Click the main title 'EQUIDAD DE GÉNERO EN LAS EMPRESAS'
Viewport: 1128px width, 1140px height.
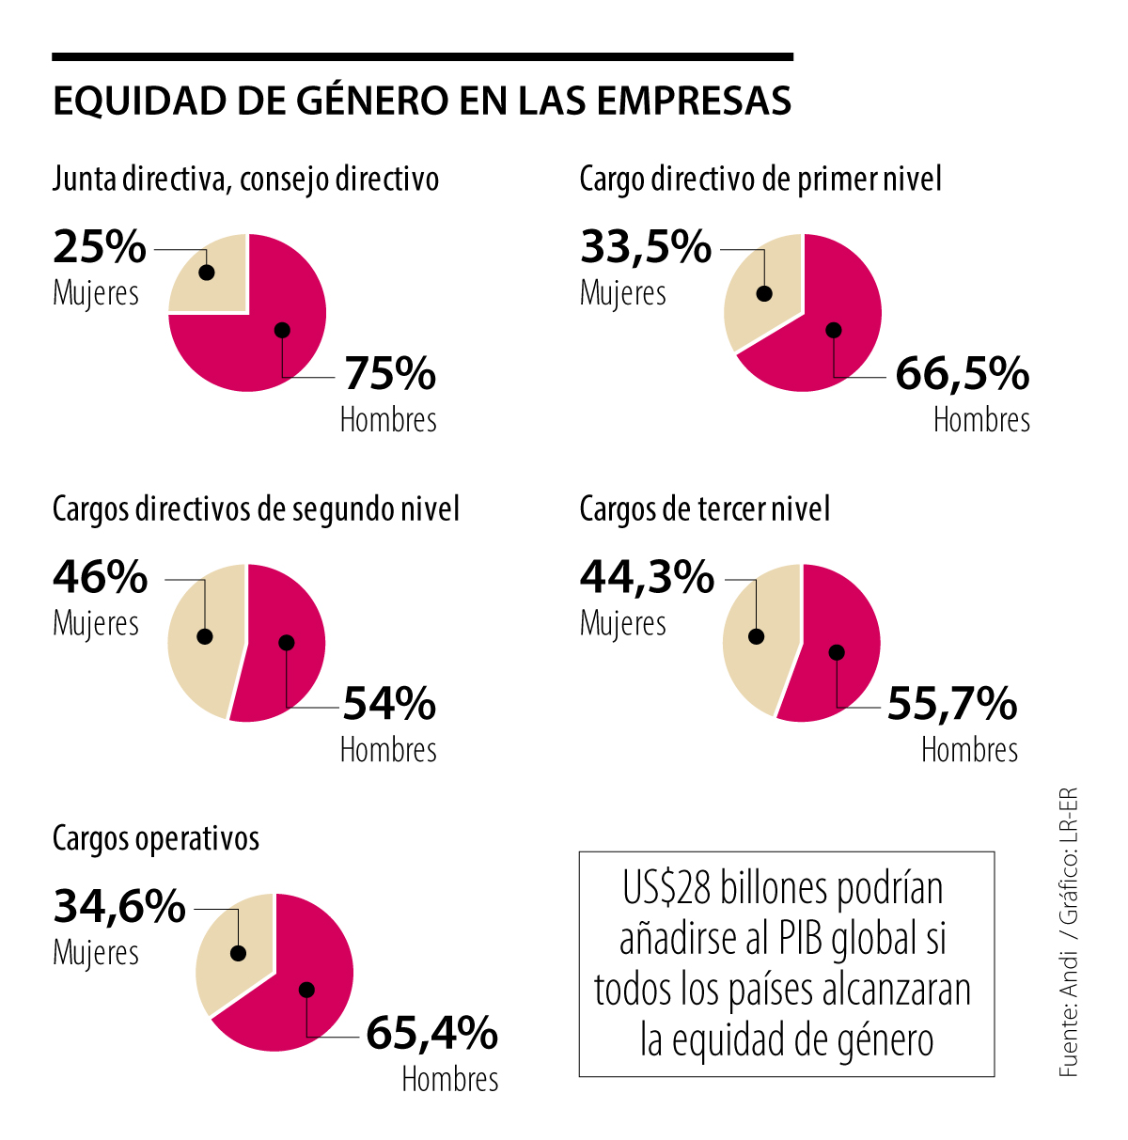pyautogui.click(x=422, y=102)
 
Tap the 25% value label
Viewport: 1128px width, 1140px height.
pyautogui.click(x=100, y=246)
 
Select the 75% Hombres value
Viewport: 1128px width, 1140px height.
pyautogui.click(x=390, y=373)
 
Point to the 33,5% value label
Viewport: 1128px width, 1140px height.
pyautogui.click(x=646, y=246)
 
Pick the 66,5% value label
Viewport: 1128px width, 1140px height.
pyautogui.click(x=962, y=373)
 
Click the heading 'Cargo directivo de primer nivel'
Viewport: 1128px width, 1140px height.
pyautogui.click(x=760, y=179)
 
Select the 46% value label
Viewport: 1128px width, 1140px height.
pyautogui.click(x=100, y=576)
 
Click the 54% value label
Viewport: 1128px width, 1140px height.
pyautogui.click(x=389, y=703)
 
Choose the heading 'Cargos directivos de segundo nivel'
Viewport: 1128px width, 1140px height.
pyautogui.click(x=256, y=509)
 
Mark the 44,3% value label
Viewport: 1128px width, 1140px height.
pyautogui.click(x=647, y=576)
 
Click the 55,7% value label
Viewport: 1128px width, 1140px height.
pyautogui.click(x=951, y=703)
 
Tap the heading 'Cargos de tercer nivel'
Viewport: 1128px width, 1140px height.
pyautogui.click(x=704, y=509)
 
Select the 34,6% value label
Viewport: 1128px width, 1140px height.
pyautogui.click(x=119, y=906)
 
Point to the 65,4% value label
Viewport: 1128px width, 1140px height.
pyautogui.click(x=431, y=1033)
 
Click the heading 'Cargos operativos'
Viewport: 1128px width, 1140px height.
pyautogui.click(x=156, y=838)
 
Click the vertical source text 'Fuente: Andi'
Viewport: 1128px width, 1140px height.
pyautogui.click(x=1068, y=1034)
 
